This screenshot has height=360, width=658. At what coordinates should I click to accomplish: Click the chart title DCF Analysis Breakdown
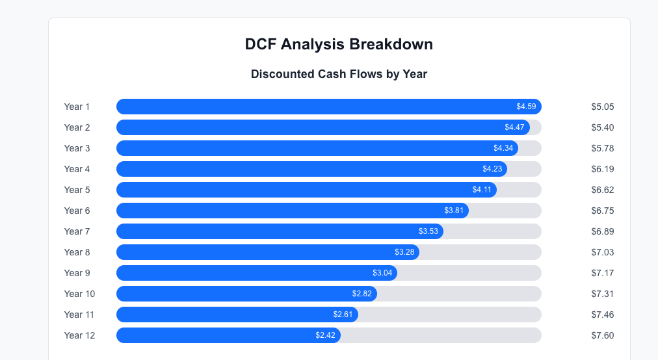(339, 44)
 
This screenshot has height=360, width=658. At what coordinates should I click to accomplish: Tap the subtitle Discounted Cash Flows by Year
(339, 74)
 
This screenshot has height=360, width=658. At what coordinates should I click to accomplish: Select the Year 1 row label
(77, 107)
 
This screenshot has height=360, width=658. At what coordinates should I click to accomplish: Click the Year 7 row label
(77, 231)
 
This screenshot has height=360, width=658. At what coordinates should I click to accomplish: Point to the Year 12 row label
(79, 335)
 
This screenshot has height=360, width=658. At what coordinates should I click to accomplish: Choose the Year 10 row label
(79, 294)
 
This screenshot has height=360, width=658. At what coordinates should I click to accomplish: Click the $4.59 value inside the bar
(526, 107)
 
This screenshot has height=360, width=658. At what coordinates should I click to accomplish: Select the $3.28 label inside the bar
(404, 252)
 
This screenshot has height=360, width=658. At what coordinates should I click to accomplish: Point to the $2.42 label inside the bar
(325, 335)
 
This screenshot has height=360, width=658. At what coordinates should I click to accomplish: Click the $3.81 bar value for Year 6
(454, 211)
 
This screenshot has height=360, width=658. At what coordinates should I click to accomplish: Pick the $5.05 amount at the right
(602, 107)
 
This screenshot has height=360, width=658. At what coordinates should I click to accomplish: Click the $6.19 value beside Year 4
(602, 169)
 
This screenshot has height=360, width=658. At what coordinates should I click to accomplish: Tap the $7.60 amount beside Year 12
(602, 335)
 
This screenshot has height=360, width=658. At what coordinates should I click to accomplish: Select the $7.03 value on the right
(602, 252)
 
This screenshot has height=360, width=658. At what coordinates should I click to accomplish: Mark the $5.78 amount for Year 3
(602, 148)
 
